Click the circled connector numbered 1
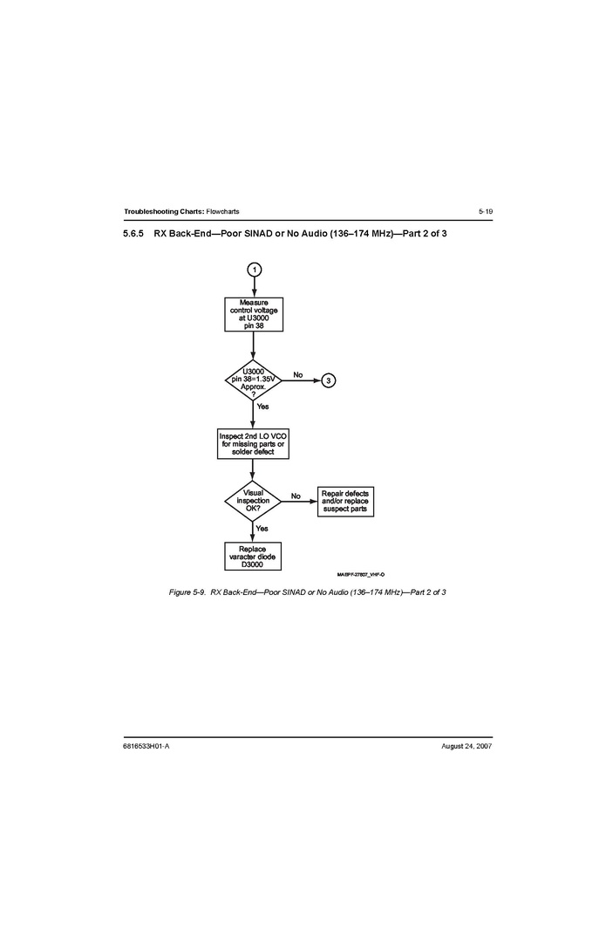click(x=255, y=270)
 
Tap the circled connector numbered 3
click(x=329, y=380)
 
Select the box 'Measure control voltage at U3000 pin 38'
click(x=254, y=314)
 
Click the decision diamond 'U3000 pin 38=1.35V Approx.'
click(x=253, y=380)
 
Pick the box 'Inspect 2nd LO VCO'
click(x=253, y=444)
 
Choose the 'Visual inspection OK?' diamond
click(x=253, y=501)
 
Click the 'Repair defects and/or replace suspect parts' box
click(x=345, y=502)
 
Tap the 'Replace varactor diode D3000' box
click(x=253, y=557)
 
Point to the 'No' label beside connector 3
click(x=298, y=374)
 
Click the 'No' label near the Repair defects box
click(x=296, y=496)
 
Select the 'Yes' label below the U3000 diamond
click(x=262, y=407)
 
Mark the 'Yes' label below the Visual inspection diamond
click(x=262, y=528)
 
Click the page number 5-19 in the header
click(x=486, y=211)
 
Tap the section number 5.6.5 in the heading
click(x=133, y=234)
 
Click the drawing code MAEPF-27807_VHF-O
click(x=361, y=574)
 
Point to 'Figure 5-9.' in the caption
click(x=187, y=592)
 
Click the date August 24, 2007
click(x=466, y=746)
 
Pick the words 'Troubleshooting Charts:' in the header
click(x=164, y=211)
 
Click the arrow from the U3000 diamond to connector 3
click(x=302, y=380)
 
